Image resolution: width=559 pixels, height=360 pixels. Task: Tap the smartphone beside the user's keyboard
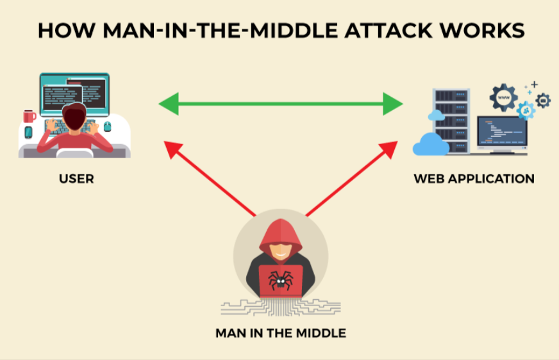28,133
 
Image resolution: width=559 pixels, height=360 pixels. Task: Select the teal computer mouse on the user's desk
108,127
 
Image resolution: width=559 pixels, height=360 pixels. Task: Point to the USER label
76,179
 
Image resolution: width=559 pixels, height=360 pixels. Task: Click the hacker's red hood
280,234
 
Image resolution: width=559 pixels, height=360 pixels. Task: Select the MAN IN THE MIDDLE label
280,333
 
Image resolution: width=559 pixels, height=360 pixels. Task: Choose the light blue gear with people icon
526,110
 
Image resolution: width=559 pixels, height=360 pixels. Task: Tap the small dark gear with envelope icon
543,100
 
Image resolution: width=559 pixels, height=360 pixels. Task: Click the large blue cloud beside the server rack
430,145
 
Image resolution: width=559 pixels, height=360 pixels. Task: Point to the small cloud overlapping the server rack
436,115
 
